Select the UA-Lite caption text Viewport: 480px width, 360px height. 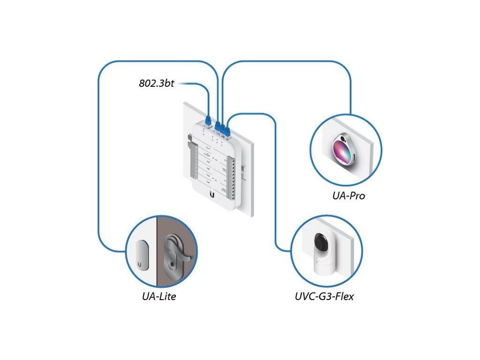[x=159, y=296]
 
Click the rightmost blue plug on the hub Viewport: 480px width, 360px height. [x=228, y=130]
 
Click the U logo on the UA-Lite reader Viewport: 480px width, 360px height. [x=141, y=263]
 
